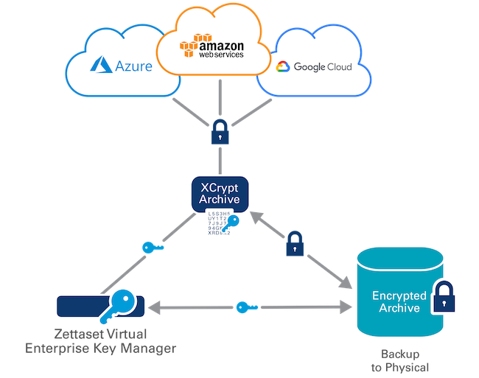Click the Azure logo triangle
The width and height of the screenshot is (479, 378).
[x=100, y=66]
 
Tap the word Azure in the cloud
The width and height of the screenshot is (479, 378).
[x=133, y=66]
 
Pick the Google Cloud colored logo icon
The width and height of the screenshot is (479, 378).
[x=282, y=67]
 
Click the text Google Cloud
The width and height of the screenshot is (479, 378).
[x=323, y=67]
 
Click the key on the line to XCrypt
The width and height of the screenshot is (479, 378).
[x=153, y=247]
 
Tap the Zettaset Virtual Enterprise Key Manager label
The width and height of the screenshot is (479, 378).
[x=100, y=340]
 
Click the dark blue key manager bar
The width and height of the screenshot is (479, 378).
[x=77, y=304]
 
